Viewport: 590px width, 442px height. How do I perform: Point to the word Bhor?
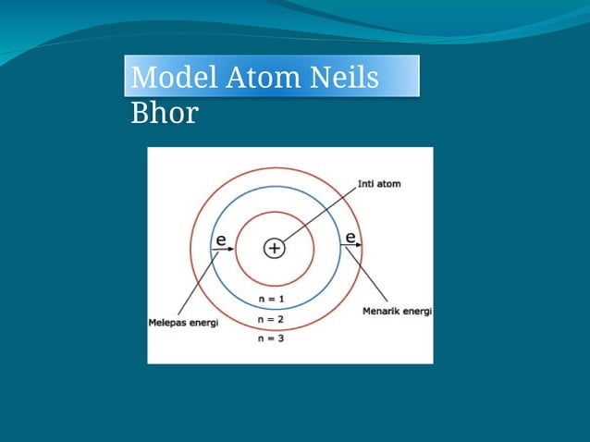[165, 114]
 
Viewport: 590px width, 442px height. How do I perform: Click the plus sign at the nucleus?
[275, 248]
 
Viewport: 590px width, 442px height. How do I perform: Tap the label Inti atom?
[379, 184]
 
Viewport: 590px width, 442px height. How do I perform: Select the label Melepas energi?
[183, 324]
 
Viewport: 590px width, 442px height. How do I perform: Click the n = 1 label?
[271, 300]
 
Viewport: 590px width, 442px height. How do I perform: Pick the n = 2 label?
[271, 319]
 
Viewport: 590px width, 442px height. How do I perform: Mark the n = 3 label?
[271, 338]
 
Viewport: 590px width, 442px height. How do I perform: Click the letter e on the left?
[221, 239]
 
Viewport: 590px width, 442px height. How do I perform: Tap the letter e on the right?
[350, 238]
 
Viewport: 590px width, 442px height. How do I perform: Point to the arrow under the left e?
[223, 250]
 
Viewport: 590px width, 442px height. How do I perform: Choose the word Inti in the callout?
[365, 184]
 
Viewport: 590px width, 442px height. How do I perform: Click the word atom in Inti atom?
[388, 184]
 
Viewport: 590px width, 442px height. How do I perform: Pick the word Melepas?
[166, 324]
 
